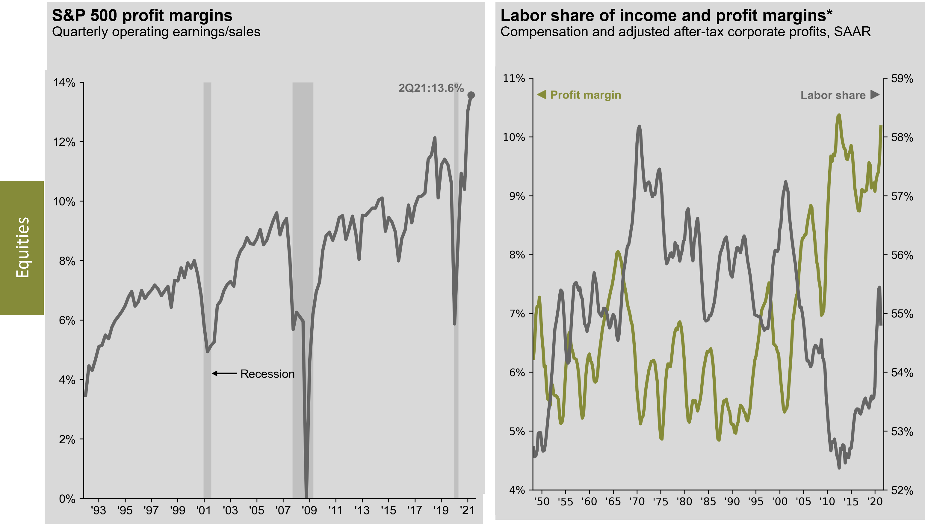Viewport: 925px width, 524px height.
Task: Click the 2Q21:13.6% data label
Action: (431, 88)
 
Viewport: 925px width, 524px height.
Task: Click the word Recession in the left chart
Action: (267, 374)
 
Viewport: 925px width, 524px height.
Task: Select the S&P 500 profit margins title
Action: (142, 16)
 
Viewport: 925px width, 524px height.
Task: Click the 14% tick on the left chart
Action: (64, 83)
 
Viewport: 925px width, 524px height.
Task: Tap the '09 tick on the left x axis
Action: (309, 510)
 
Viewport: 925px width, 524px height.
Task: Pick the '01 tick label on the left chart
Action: (204, 510)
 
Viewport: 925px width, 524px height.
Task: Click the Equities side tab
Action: (22, 248)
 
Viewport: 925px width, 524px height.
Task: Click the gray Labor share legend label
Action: (833, 96)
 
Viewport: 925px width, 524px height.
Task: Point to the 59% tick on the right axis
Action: (902, 78)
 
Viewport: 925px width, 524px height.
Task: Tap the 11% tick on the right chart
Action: (514, 78)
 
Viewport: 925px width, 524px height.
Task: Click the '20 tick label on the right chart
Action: (874, 501)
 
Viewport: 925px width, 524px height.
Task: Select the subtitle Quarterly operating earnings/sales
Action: (156, 32)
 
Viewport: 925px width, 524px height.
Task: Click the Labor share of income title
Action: (666, 16)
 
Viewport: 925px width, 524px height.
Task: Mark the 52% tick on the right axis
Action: (902, 490)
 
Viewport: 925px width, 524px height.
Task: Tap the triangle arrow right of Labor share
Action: (875, 95)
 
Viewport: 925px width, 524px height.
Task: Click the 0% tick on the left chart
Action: (67, 499)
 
